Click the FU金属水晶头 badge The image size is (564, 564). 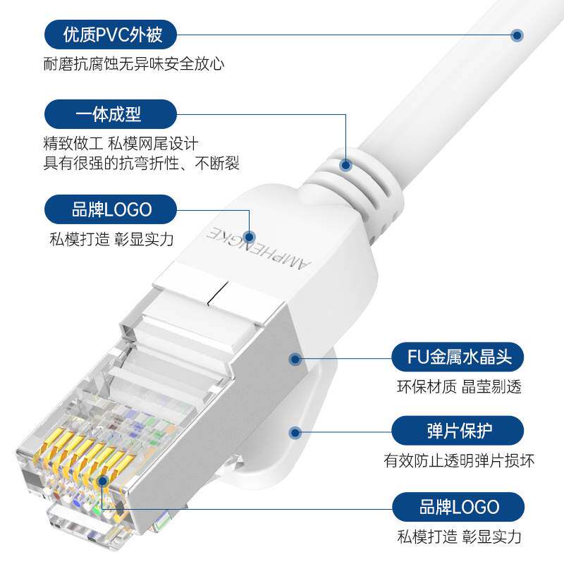coord(458,358)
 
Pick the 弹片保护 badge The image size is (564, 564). coord(458,430)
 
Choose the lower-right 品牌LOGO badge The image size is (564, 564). coord(458,507)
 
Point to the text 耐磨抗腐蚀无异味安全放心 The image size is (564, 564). coord(134,64)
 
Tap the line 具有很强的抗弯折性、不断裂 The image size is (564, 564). coord(141,164)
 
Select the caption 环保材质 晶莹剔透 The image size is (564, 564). coord(458,387)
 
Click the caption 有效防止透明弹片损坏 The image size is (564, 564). coord(458,461)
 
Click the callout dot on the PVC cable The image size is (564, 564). coord(517,34)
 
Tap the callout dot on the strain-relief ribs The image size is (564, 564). coord(345,166)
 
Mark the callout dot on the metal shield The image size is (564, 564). coord(295,359)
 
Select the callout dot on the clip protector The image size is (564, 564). coord(295,431)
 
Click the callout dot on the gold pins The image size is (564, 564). coord(103,481)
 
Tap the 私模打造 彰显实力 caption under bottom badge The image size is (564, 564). coord(458,537)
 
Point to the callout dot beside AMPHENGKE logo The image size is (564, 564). coord(248,237)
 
